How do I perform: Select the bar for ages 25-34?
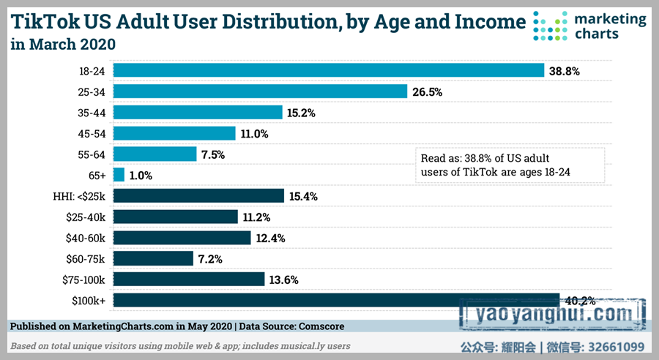click(x=260, y=91)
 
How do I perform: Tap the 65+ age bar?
click(x=119, y=175)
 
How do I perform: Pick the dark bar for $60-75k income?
click(x=154, y=258)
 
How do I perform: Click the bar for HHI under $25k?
click(x=198, y=195)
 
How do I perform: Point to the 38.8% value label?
click(x=565, y=71)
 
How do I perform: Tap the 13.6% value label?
click(x=284, y=280)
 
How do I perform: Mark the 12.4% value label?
click(x=271, y=238)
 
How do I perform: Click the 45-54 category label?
click(x=92, y=133)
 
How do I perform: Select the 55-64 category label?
click(x=92, y=154)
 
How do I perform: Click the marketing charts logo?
click(x=590, y=25)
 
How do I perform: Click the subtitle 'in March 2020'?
click(x=63, y=45)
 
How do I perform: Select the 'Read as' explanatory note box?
click(x=508, y=165)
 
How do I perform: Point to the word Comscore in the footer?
click(x=316, y=326)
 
